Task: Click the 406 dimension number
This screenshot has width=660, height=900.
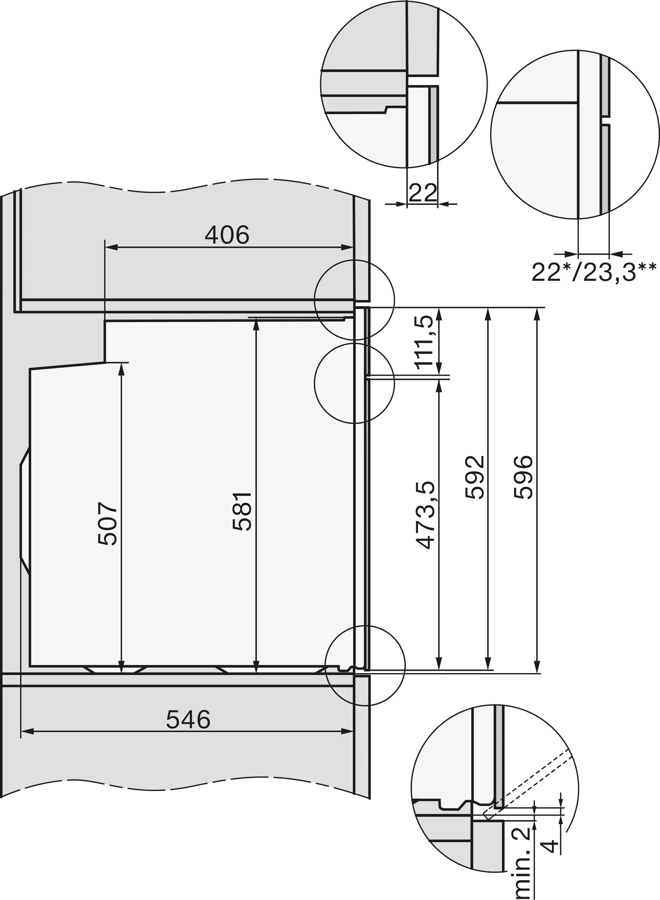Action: (x=227, y=235)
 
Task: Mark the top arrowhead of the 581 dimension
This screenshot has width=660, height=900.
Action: (x=256, y=325)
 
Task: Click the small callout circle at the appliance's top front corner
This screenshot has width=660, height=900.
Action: (x=355, y=299)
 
